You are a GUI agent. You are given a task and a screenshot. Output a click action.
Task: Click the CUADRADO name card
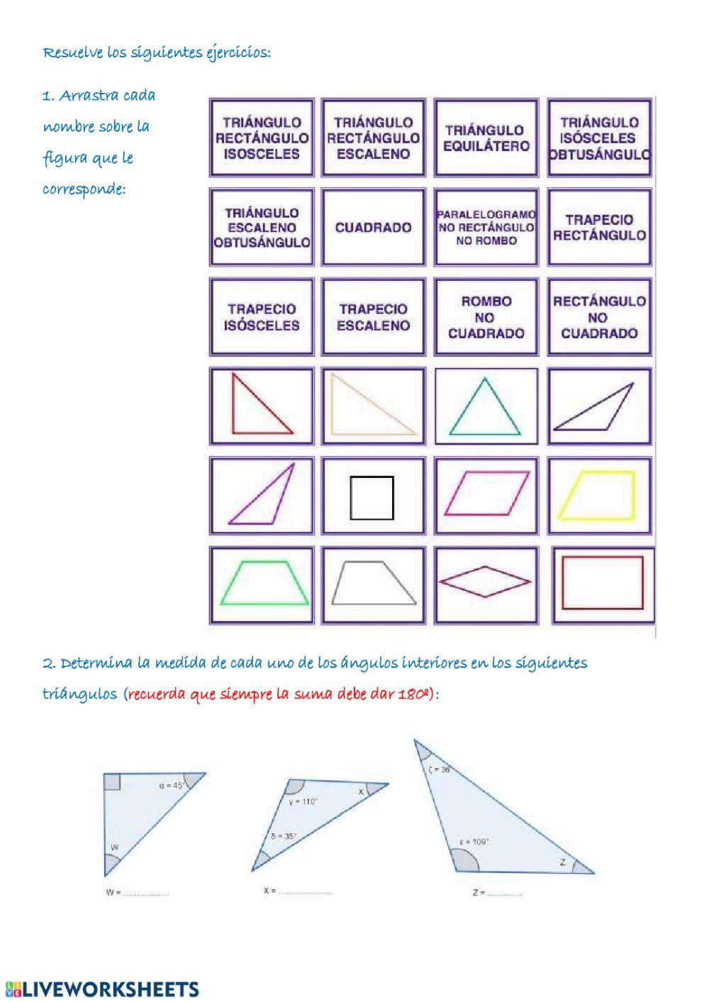pos(374,228)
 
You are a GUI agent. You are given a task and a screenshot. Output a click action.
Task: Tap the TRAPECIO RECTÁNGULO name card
pos(599,228)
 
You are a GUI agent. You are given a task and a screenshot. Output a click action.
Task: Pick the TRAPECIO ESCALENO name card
pos(374,317)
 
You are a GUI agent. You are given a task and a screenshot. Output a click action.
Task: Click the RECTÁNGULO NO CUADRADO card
pos(599,317)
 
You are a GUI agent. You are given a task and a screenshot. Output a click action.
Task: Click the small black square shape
pos(372,497)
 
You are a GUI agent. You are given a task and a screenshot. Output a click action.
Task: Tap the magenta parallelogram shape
pos(487,494)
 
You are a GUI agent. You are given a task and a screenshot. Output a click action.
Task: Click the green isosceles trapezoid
pos(264,583)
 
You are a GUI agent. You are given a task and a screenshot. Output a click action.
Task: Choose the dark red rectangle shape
pos(603,583)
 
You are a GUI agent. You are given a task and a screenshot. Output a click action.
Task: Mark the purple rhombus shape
pos(485,582)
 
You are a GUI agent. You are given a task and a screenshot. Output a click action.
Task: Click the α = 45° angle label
pos(172,785)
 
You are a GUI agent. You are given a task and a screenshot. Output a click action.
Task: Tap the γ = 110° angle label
pos(303,801)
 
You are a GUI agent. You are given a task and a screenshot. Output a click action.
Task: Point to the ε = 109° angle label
pos(474,842)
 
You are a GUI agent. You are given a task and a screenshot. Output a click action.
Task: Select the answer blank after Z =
pos(505,894)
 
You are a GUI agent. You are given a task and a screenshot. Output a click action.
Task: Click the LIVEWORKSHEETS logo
pos(102,989)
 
